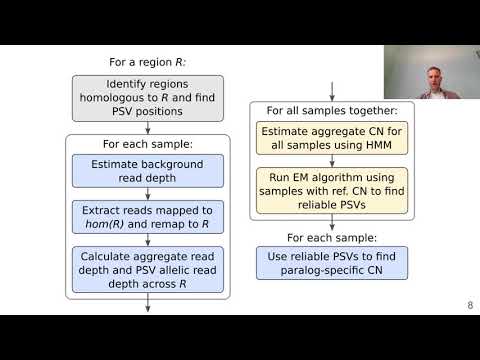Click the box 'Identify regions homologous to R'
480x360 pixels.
[147, 99]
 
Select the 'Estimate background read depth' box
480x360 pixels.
[147, 171]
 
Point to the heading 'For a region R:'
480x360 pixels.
[147, 62]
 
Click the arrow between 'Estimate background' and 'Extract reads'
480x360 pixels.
[147, 194]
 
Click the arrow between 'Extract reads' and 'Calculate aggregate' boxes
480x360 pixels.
[147, 241]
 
